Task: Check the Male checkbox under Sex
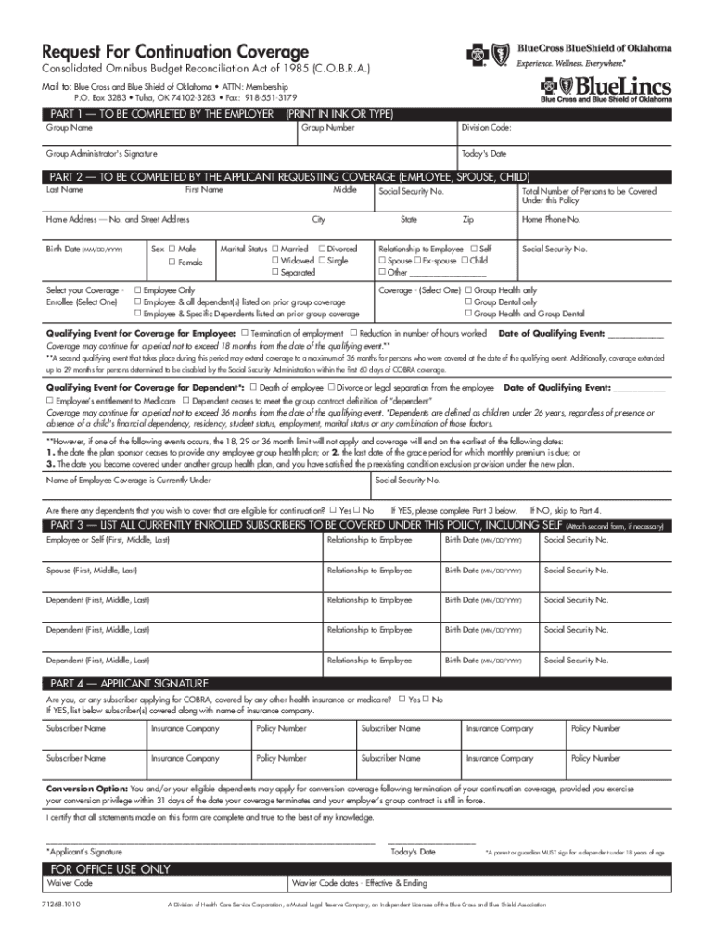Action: pyautogui.click(x=172, y=250)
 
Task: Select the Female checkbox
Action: pyautogui.click(x=172, y=263)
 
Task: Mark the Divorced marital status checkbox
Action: pyautogui.click(x=322, y=250)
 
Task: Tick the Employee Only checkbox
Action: pyautogui.click(x=138, y=290)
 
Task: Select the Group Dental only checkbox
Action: pyautogui.click(x=468, y=302)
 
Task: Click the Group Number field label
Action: pyautogui.click(x=327, y=128)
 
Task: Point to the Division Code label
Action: pyautogui.click(x=487, y=128)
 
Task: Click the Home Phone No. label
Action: pyautogui.click(x=551, y=220)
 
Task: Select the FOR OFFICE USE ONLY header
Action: pyautogui.click(x=110, y=869)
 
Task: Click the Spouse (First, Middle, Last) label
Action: pyautogui.click(x=92, y=571)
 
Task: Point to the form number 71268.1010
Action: pyautogui.click(x=62, y=905)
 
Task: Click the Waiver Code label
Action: pyautogui.click(x=70, y=884)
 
